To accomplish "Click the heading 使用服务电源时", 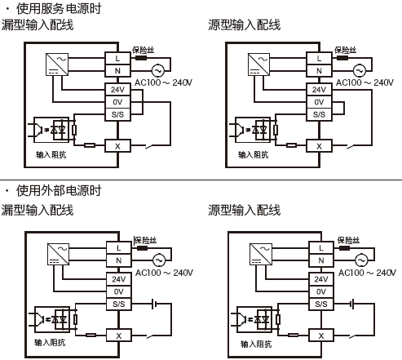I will click(59, 9).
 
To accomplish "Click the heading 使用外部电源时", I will click(59, 191).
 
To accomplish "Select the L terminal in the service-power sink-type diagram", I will click(118, 58).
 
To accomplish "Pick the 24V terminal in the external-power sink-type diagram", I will click(118, 279).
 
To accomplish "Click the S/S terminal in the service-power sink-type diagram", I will click(118, 114).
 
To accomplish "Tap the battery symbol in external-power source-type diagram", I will click(352, 304).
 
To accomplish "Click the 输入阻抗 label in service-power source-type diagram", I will click(254, 153).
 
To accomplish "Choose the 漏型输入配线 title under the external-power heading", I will click(38, 211).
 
